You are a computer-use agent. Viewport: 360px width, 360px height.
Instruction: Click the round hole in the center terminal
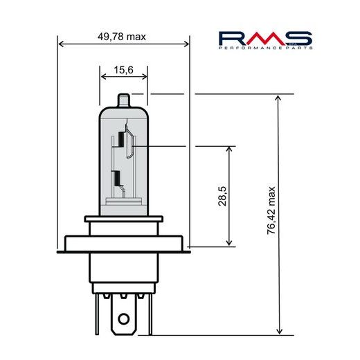coord(125,320)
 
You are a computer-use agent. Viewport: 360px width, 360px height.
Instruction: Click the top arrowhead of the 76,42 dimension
coord(279,99)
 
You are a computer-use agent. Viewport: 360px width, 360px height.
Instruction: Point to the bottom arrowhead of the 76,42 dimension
coord(279,330)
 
